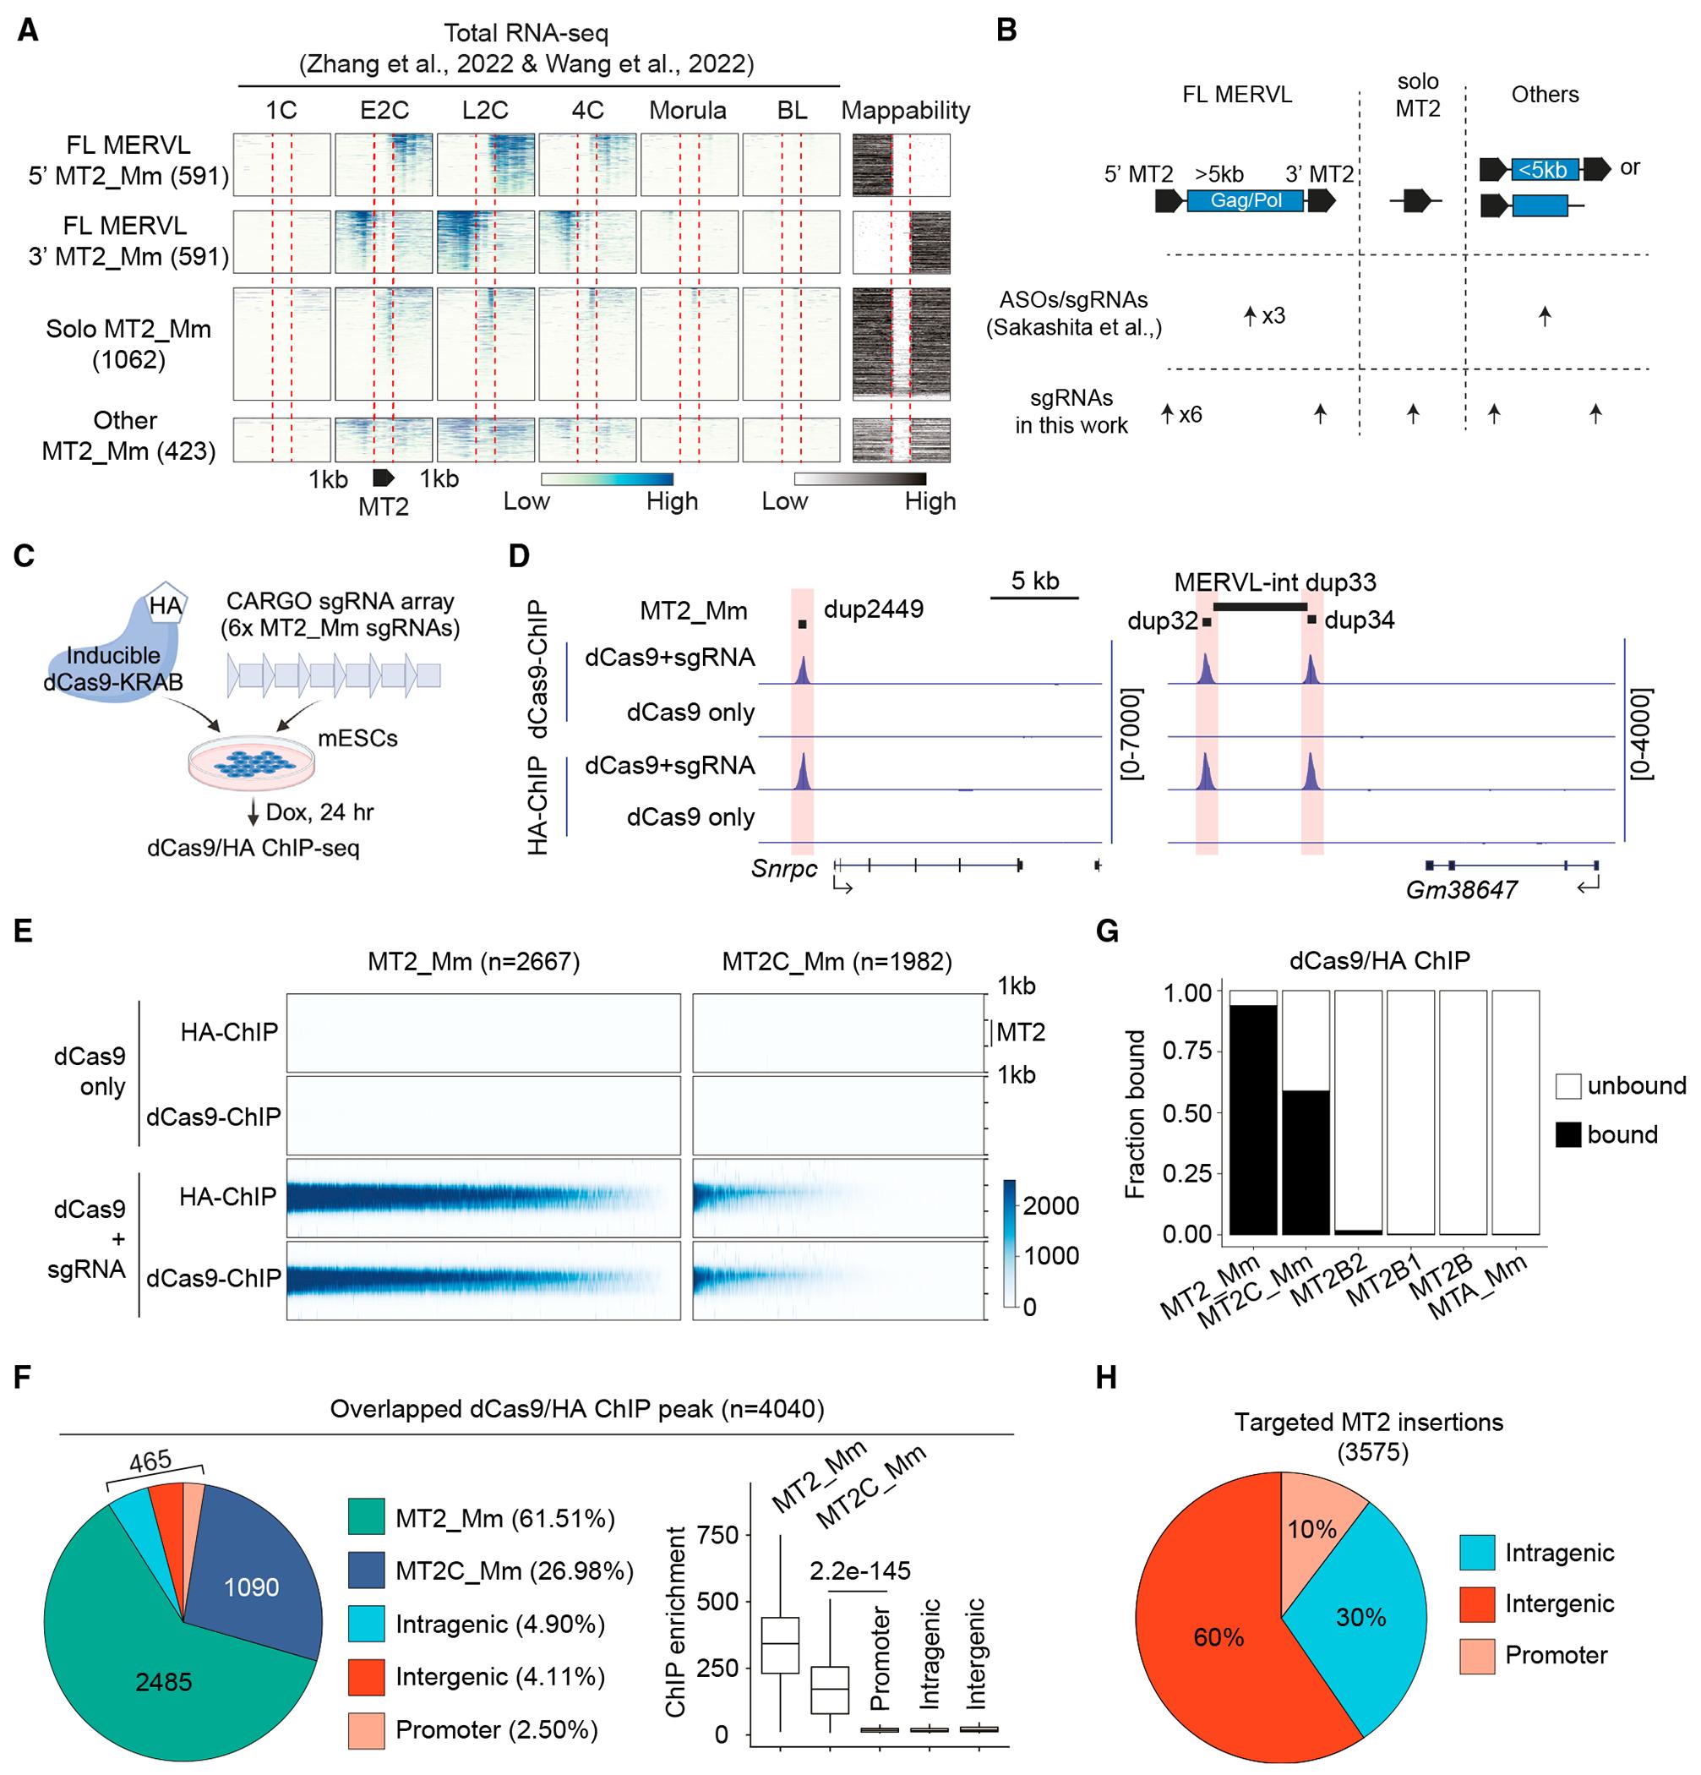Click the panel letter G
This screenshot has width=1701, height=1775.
tap(1107, 931)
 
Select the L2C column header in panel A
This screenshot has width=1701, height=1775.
tap(484, 111)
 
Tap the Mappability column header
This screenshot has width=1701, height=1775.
tap(905, 111)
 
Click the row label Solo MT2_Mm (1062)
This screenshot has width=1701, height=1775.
tap(128, 344)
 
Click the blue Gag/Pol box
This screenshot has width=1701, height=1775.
tap(1246, 200)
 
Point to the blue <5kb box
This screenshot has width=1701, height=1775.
tap(1544, 169)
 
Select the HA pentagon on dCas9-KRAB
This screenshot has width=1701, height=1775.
tap(166, 605)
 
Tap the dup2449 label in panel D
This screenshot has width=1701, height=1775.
tap(873, 609)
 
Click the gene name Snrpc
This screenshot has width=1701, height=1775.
tap(784, 870)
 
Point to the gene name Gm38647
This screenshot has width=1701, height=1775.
tap(1461, 889)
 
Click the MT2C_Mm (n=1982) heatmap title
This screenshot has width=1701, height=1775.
tap(837, 961)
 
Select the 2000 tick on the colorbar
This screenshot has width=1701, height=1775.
tap(1050, 1205)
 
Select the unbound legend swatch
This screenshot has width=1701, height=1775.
tap(1569, 1085)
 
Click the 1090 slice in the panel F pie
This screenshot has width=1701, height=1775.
tap(252, 1587)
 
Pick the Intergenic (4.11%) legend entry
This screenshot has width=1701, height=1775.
tap(499, 1676)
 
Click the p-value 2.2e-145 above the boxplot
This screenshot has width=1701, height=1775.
tap(859, 1570)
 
